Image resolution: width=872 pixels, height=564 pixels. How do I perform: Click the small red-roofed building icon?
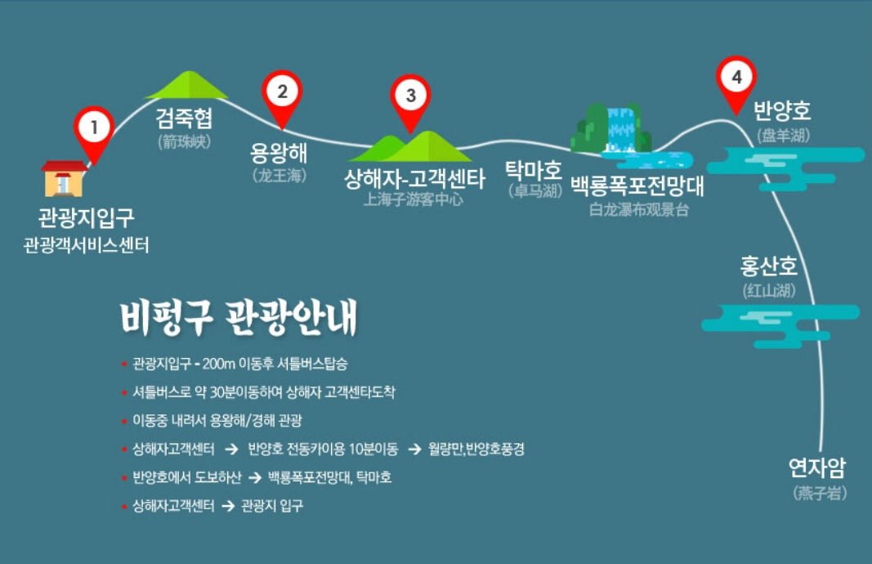[64, 178]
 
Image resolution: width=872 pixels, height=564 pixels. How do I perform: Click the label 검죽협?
[184, 118]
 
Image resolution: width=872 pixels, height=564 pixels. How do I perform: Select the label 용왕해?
[278, 152]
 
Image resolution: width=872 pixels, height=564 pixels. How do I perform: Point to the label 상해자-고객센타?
[414, 178]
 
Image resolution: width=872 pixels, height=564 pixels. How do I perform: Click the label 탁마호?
[533, 170]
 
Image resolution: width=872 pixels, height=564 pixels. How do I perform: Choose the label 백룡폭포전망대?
[637, 186]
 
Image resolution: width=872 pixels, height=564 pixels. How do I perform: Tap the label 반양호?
[782, 110]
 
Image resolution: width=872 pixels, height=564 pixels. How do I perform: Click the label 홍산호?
[768, 266]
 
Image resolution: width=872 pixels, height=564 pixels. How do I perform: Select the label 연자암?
[817, 468]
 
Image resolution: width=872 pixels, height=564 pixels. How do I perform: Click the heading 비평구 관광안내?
[238, 318]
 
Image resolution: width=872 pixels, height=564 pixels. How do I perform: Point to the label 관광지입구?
[86, 217]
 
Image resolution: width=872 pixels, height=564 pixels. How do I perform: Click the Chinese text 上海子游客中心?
[413, 199]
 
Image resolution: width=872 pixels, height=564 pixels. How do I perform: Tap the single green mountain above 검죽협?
[187, 84]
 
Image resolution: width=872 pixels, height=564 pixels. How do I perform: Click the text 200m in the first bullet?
[218, 364]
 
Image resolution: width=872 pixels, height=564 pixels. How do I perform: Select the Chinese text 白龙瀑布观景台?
[638, 209]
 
